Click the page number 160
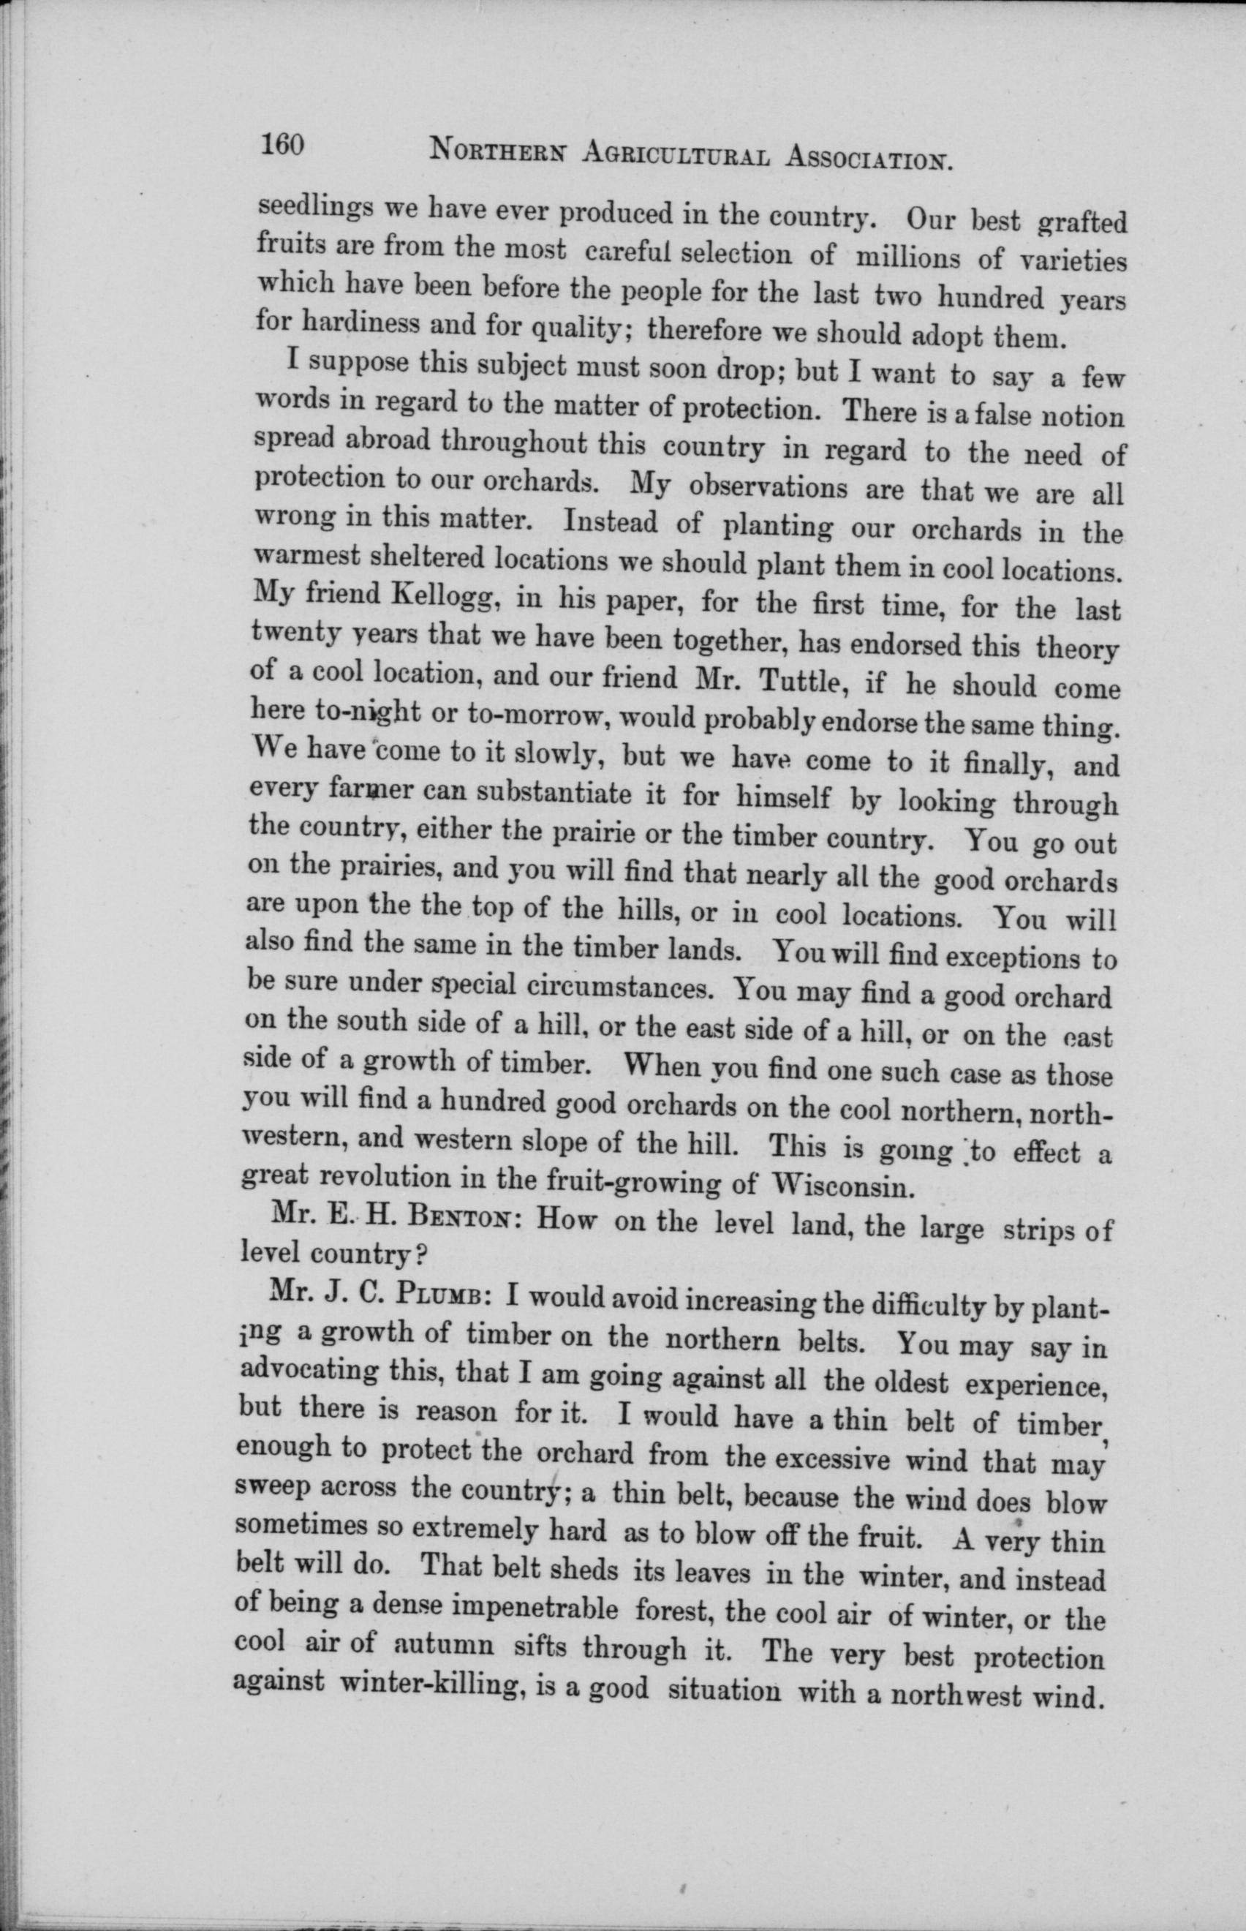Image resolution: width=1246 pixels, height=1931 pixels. (282, 145)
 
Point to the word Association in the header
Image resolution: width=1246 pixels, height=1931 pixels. (869, 158)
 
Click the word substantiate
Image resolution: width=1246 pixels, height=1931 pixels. (549, 797)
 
